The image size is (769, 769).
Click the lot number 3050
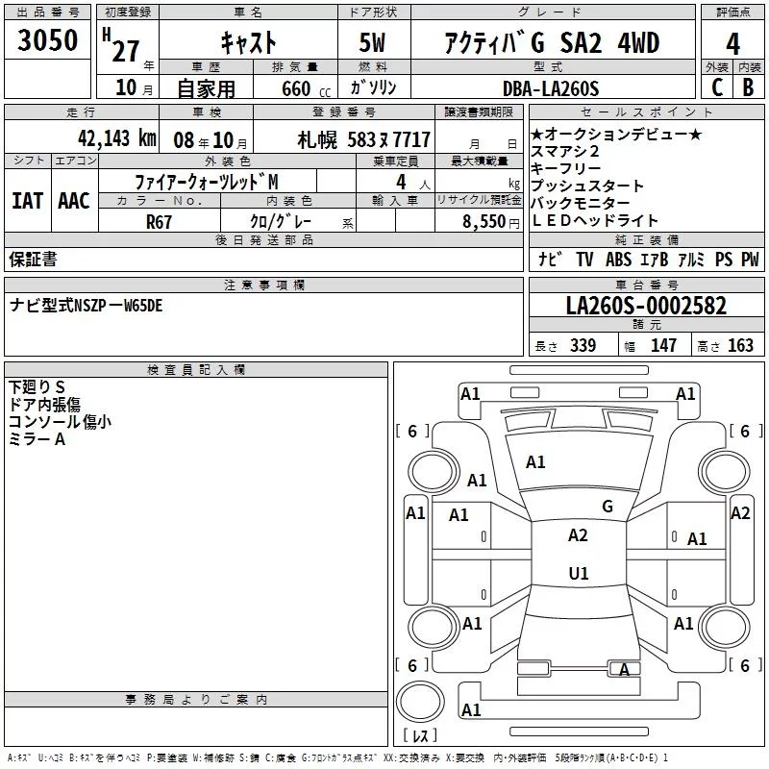(x=47, y=40)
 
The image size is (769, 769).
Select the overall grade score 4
(x=732, y=44)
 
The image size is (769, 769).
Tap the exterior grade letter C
(x=717, y=87)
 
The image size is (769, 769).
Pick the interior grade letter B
(x=749, y=87)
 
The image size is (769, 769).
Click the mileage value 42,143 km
(x=116, y=138)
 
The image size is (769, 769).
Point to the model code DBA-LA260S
(x=551, y=88)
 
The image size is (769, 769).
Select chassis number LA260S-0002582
(x=646, y=306)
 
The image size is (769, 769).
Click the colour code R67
(x=159, y=222)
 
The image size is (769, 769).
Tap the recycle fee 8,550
(x=484, y=221)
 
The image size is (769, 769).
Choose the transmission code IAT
(x=28, y=201)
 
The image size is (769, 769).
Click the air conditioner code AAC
(x=74, y=201)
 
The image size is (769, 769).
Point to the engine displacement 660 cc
(x=306, y=89)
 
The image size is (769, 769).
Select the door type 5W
(x=372, y=42)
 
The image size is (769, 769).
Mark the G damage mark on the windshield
(x=608, y=507)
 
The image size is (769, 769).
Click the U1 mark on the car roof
(x=579, y=573)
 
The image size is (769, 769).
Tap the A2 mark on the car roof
(x=578, y=535)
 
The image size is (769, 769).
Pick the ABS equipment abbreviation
(x=618, y=260)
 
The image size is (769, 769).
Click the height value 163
(x=740, y=345)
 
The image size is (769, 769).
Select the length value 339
(x=583, y=345)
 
